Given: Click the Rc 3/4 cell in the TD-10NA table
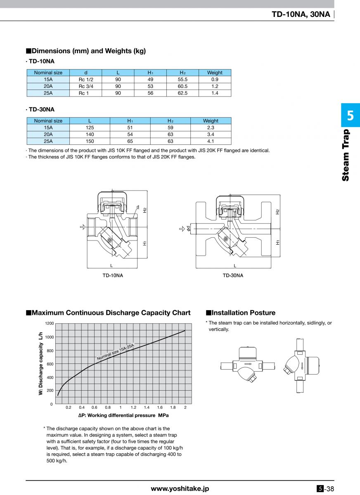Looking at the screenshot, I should pyautogui.click(x=86, y=86).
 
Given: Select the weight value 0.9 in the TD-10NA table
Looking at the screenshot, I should pyautogui.click(x=215, y=79).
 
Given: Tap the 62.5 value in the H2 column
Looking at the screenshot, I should pyautogui.click(x=182, y=93).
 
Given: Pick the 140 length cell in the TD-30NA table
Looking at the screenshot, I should pyautogui.click(x=90, y=134).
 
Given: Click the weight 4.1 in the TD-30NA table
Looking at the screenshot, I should pyautogui.click(x=211, y=141).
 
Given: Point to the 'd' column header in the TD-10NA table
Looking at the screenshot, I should pyautogui.click(x=86, y=73).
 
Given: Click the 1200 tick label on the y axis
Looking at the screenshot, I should pyautogui.click(x=49, y=323).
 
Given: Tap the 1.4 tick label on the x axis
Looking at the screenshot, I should pyautogui.click(x=147, y=408).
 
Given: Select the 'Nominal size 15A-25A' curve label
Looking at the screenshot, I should pyautogui.click(x=116, y=352).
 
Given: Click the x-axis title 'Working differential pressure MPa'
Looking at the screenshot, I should pyautogui.click(x=123, y=415).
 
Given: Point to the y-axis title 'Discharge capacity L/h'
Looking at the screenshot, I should pyautogui.click(x=41, y=363).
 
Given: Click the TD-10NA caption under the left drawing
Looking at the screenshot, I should pyautogui.click(x=113, y=276).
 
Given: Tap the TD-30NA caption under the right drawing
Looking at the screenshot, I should pyautogui.click(x=233, y=276).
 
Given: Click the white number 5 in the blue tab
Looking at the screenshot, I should pyautogui.click(x=350, y=115).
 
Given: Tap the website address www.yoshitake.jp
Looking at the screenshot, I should pyautogui.click(x=180, y=488).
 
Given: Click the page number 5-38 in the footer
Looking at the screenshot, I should pyautogui.click(x=325, y=489).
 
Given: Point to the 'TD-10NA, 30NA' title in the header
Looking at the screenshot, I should pyautogui.click(x=301, y=14).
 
